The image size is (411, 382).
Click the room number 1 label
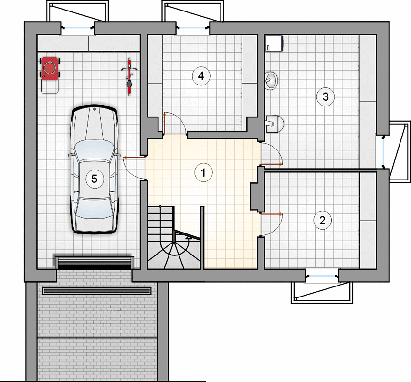click(203, 172)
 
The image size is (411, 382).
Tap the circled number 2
click(322, 220)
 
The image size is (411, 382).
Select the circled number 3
click(325, 96)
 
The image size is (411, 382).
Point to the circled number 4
click(201, 76)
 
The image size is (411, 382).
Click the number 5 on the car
click(95, 179)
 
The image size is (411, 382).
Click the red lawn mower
click(50, 69)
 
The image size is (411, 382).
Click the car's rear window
click(94, 208)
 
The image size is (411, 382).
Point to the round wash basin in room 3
click(271, 81)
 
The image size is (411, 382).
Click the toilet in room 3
click(274, 124)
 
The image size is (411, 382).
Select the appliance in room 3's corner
click(274, 43)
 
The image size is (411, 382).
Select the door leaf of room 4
click(165, 123)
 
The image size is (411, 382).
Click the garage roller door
click(95, 263)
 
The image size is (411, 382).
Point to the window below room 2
click(322, 276)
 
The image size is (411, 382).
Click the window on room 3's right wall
click(382, 151)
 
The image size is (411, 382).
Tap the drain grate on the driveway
click(97, 291)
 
